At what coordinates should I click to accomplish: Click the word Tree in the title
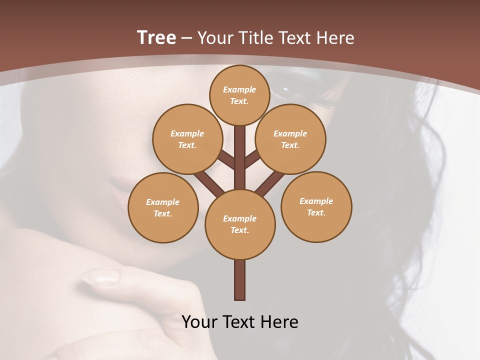click(156, 38)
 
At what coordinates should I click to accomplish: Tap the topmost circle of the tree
click(239, 95)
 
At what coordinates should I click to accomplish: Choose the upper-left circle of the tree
click(187, 139)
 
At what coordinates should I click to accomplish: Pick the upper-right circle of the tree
click(290, 139)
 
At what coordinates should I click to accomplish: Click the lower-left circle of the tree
click(162, 207)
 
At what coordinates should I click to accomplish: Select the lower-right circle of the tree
click(316, 206)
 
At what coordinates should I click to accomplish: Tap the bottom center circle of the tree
click(239, 224)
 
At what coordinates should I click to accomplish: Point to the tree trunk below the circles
click(239, 280)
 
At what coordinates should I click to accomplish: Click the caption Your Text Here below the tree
click(239, 322)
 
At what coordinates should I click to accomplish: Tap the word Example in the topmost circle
click(239, 89)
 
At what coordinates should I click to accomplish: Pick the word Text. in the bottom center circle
click(239, 230)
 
